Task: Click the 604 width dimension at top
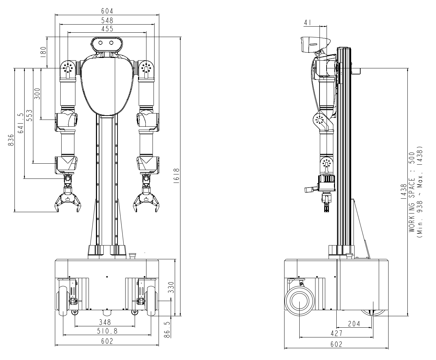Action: pyautogui.click(x=107, y=11)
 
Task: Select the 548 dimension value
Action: pyautogui.click(x=107, y=21)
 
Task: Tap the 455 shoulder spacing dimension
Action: pyautogui.click(x=107, y=29)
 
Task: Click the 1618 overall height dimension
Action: pyautogui.click(x=176, y=176)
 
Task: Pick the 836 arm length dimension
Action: pyautogui.click(x=11, y=140)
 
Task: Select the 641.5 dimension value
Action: pyautogui.click(x=21, y=123)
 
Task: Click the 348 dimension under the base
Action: pyautogui.click(x=105, y=322)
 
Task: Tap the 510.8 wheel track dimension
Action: pyautogui.click(x=107, y=331)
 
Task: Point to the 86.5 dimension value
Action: pyautogui.click(x=167, y=330)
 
